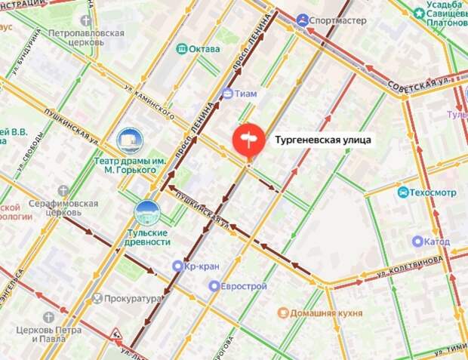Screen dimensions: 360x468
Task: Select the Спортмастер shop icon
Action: click(303, 20)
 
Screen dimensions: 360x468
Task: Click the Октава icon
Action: click(181, 49)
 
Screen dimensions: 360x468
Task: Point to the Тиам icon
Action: click(227, 94)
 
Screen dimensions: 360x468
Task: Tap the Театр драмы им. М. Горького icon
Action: click(130, 140)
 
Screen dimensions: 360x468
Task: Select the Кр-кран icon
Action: click(177, 266)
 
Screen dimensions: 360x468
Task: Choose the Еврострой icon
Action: click(214, 286)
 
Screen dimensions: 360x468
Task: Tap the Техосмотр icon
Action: click(404, 192)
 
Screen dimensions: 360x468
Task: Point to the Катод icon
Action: click(417, 242)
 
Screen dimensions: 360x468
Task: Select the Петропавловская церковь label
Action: click(86, 39)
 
